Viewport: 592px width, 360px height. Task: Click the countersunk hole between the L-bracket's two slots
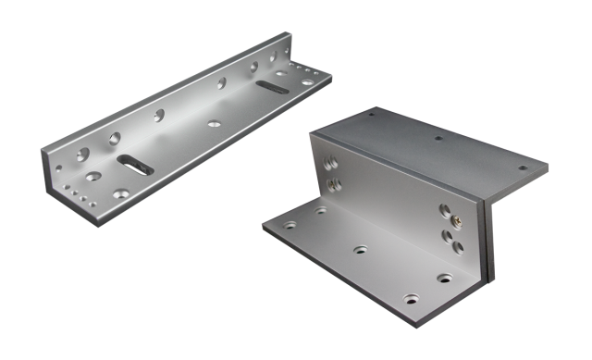[214, 121]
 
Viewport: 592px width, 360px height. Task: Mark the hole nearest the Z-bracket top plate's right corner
[523, 168]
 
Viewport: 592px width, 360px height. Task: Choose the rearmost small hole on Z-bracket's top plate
[370, 117]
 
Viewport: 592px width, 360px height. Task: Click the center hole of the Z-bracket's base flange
[359, 250]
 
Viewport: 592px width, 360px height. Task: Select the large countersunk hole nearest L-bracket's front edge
[92, 175]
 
